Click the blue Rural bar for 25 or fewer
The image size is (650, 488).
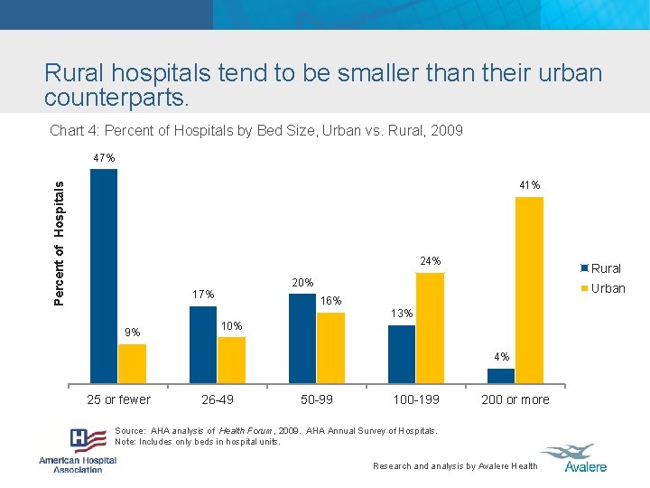(x=104, y=276)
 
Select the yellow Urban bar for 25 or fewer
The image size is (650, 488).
(x=132, y=363)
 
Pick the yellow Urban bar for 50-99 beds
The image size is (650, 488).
(x=330, y=348)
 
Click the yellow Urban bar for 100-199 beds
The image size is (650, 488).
(x=430, y=328)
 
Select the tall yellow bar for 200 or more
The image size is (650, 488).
(x=529, y=289)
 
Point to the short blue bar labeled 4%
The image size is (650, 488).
(x=501, y=375)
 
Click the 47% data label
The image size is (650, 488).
(x=104, y=158)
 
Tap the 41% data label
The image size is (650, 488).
(x=530, y=185)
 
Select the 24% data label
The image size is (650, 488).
(x=431, y=261)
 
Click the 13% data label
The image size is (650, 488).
(x=402, y=314)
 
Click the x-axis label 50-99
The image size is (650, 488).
(x=317, y=399)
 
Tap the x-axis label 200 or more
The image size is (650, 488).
(x=515, y=399)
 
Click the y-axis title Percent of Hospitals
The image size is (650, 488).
(x=60, y=242)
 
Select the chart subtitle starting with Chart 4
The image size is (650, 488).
(x=256, y=131)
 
